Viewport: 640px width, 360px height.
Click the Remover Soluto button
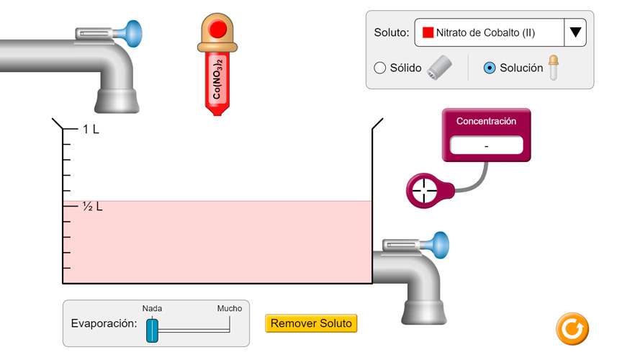click(311, 324)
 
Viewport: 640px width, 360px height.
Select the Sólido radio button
click(380, 68)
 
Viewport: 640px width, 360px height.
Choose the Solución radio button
click(490, 68)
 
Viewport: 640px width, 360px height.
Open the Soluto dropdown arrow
click(575, 32)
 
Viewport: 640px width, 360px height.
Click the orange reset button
click(572, 329)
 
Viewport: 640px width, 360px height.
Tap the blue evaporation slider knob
click(152, 329)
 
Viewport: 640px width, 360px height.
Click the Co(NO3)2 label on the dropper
click(217, 79)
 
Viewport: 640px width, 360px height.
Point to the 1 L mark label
click(91, 130)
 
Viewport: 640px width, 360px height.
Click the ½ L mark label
click(92, 207)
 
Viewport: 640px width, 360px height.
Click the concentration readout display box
click(487, 145)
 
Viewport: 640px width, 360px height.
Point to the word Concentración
click(487, 122)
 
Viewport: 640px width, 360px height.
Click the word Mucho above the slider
click(230, 308)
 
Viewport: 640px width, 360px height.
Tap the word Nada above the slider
click(152, 308)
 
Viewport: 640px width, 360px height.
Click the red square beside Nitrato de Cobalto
click(428, 32)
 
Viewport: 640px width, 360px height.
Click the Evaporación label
click(104, 323)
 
